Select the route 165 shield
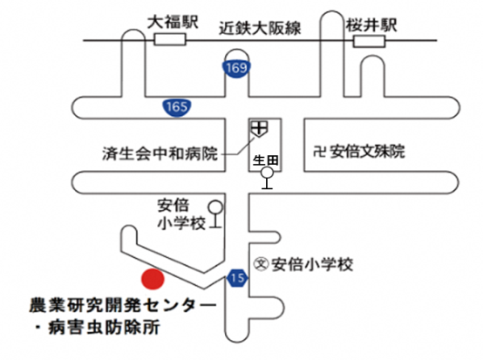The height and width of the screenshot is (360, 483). click(x=173, y=107)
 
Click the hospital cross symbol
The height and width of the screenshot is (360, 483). click(x=258, y=127)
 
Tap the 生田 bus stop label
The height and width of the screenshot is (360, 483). click(x=264, y=160)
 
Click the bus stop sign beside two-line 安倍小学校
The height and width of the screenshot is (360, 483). click(x=214, y=215)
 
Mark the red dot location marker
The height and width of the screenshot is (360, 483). click(x=153, y=280)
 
